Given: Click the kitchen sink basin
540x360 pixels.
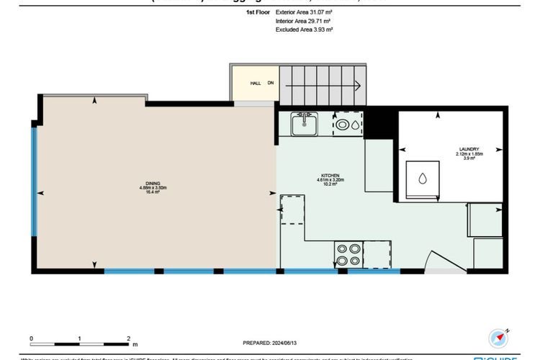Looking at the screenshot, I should (305, 125).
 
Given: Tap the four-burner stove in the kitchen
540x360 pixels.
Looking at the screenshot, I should (348, 256).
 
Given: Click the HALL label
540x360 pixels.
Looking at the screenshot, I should (255, 84).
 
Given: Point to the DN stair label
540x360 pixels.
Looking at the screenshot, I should (271, 84).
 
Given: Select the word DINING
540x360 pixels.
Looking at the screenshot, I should (153, 183).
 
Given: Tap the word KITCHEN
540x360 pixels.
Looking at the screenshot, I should (330, 175).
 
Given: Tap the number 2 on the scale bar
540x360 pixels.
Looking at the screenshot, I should (127, 337).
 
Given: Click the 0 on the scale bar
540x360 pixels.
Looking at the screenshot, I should (31, 337).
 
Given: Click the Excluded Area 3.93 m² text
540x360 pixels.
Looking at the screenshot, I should (304, 30).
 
